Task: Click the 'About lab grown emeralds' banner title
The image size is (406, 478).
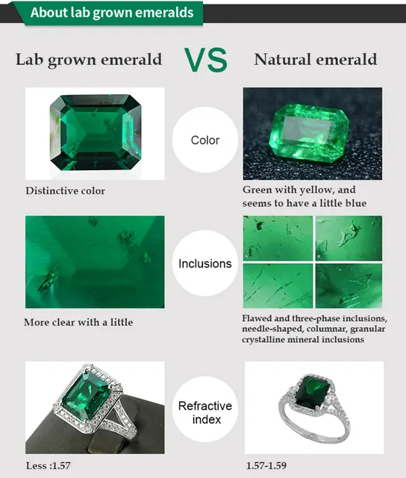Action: point(112,13)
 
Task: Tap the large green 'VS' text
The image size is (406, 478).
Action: point(206,60)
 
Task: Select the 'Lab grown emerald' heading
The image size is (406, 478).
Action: point(89,60)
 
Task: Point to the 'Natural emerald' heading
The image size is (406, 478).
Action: point(316,60)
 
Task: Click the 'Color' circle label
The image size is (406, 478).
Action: point(204,140)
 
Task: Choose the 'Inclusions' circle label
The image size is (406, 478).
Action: point(204,264)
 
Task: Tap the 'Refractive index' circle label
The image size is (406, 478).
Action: point(204,412)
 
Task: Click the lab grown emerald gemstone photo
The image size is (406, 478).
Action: point(95,133)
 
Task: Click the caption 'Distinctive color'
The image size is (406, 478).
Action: point(66,191)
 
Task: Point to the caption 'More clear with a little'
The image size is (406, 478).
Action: point(78,323)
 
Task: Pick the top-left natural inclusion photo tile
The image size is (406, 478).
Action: point(278,238)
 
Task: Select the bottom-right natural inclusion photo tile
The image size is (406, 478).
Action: point(349,286)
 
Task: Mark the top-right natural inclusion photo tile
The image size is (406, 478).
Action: point(349,238)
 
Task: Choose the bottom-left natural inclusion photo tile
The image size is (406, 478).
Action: point(278,286)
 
